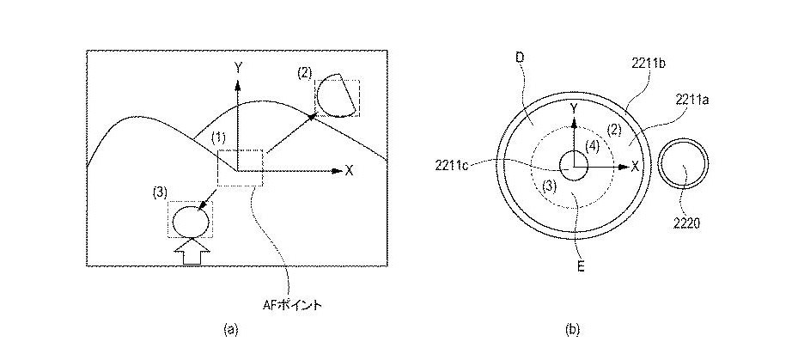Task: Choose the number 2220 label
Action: tap(686, 222)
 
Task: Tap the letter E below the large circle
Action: tap(581, 265)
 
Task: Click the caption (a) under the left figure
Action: tap(230, 330)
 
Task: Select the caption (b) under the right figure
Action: tap(572, 330)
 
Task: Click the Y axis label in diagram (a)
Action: tap(238, 68)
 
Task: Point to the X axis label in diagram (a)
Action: tap(349, 171)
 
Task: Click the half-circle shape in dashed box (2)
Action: tap(335, 95)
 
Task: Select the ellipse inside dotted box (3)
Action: tap(191, 221)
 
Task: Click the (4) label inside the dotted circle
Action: tap(593, 146)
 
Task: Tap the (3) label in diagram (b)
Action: tap(549, 186)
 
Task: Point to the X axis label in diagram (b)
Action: tap(635, 166)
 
